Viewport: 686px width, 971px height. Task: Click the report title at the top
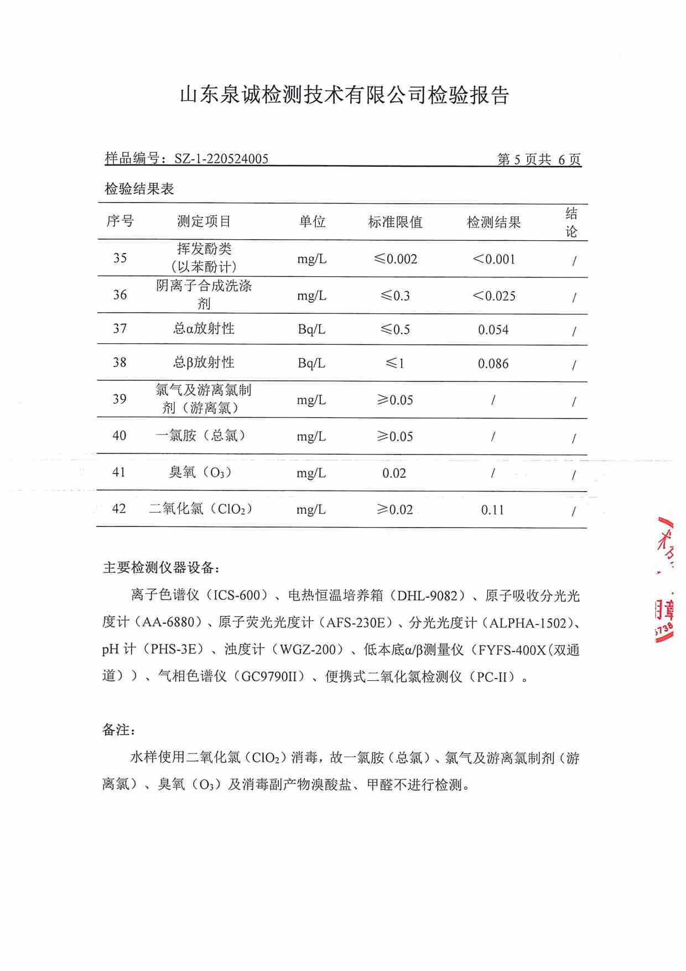tap(344, 95)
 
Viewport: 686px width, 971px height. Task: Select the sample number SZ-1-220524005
tap(221, 159)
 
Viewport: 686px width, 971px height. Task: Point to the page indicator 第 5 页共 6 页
tap(539, 159)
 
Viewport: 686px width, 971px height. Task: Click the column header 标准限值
tap(395, 223)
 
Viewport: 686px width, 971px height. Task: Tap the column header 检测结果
tap(493, 223)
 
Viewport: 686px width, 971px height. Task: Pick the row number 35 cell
tap(120, 258)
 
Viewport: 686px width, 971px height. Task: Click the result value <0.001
tap(493, 259)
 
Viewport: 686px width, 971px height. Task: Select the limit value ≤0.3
tap(395, 296)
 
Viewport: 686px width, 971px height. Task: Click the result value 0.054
tap(493, 330)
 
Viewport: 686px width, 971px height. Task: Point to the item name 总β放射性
tap(204, 363)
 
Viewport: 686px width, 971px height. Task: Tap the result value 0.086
tap(493, 364)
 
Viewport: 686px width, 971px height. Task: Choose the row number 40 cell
tap(119, 436)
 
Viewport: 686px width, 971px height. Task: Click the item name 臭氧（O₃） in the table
tap(200, 472)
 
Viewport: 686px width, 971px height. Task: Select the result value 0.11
tap(492, 510)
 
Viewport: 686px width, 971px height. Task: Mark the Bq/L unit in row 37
tap(311, 329)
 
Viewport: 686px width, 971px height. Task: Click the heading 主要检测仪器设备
tap(161, 567)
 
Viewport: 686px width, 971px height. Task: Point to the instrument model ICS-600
tap(237, 595)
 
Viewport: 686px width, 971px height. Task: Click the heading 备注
tap(118, 730)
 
